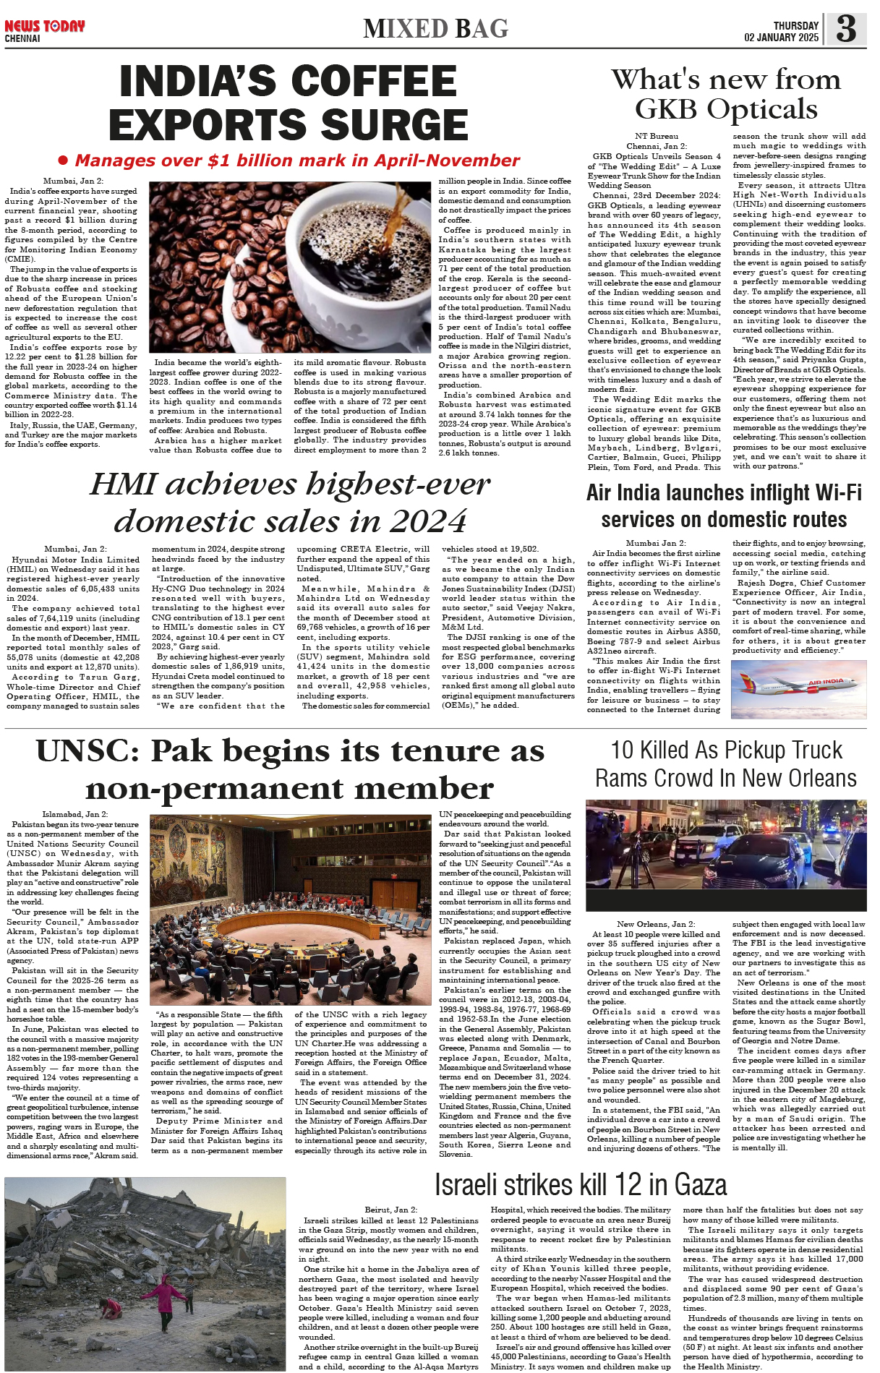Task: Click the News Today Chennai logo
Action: coord(44,30)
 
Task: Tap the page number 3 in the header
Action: coord(846,29)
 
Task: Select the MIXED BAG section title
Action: coord(436,29)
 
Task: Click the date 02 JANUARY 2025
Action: coord(781,38)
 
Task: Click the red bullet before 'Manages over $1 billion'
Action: coord(63,160)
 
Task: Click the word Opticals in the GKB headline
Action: coord(762,109)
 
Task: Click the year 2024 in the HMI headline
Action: coord(426,521)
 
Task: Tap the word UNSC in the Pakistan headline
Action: coord(87,751)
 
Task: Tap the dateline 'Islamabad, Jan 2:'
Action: coord(74,814)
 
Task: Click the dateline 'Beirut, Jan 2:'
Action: coord(390,1210)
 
